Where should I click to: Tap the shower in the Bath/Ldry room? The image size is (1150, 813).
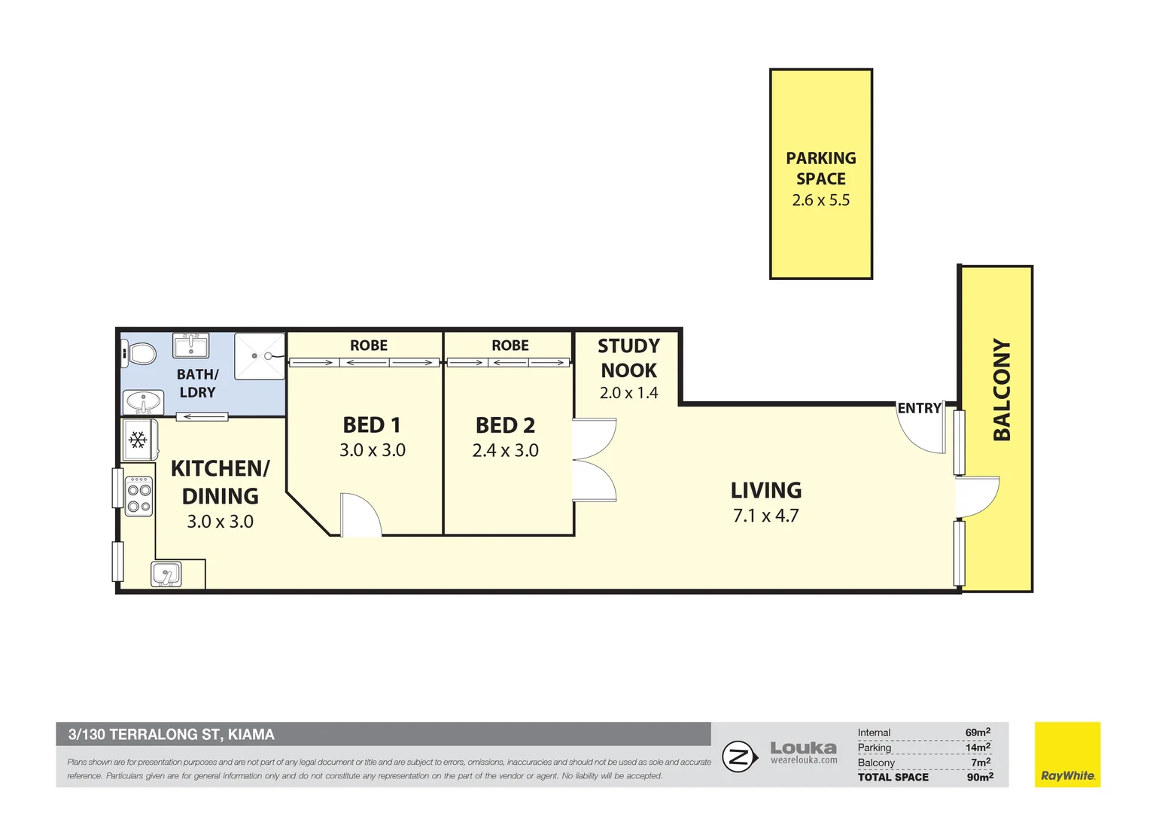260,356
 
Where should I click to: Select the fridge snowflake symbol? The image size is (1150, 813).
138,440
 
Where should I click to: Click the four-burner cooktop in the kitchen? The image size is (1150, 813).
139,495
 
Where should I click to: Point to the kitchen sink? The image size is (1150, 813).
166,574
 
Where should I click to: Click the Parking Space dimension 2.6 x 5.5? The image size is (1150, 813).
820,199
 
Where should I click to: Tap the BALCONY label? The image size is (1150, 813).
1002,390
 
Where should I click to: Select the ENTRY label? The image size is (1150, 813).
919,408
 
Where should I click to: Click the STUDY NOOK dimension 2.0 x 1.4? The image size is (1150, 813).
628,393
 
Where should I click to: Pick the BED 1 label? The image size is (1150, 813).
371,425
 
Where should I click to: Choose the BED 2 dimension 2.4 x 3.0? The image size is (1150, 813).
505,450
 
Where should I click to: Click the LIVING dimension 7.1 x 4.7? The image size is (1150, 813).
765,515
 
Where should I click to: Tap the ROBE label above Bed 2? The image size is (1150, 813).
510,345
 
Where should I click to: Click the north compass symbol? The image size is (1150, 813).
739,757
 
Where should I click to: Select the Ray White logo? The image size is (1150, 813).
1067,754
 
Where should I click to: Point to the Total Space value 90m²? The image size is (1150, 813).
980,777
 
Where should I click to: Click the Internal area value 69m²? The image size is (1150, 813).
978,732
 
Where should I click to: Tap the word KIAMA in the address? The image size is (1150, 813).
251,735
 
